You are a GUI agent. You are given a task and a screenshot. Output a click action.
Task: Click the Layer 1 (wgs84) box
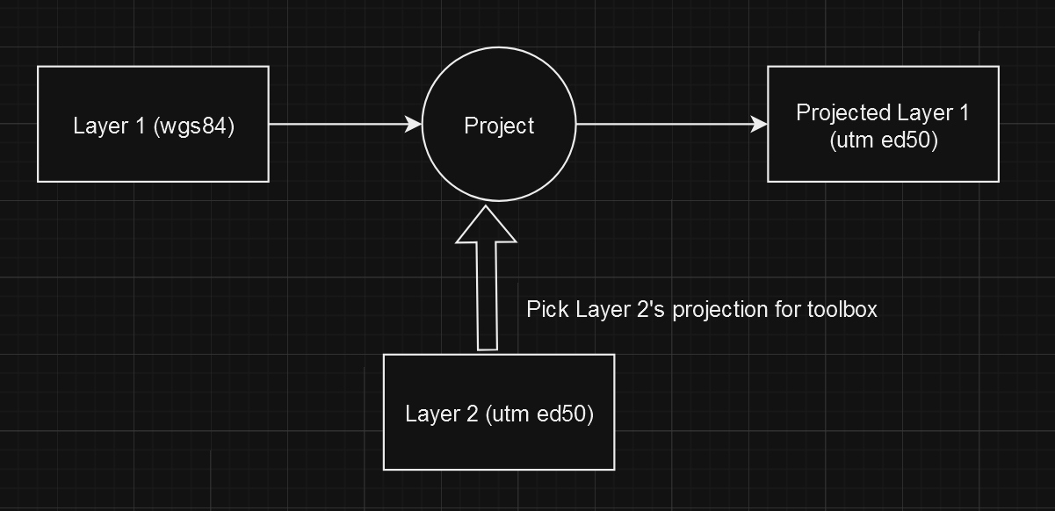[x=153, y=124]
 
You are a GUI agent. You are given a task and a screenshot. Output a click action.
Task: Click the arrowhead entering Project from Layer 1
[x=414, y=125]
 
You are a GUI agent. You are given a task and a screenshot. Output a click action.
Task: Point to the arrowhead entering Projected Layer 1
[x=760, y=125]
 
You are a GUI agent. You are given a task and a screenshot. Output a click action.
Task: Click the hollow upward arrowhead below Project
[x=486, y=225]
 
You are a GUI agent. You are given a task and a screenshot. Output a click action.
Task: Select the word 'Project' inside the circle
[x=499, y=126]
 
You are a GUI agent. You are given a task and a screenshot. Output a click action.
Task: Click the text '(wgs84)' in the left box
[x=194, y=126]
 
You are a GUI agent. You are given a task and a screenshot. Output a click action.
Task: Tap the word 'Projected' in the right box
[x=843, y=112]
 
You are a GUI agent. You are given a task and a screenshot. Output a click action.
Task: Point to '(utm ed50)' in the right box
[x=883, y=140]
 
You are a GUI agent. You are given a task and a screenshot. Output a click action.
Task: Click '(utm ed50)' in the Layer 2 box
[x=539, y=414]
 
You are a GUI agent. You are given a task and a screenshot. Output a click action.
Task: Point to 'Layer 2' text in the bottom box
[x=442, y=414]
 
